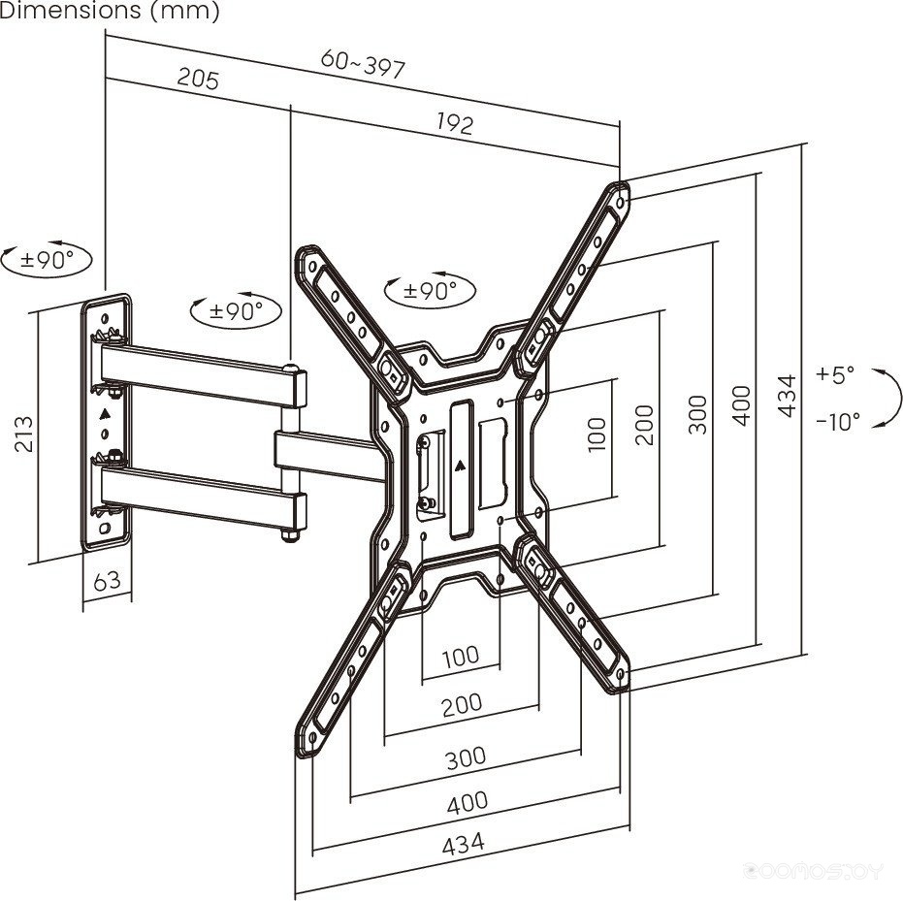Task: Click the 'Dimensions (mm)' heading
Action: (110, 12)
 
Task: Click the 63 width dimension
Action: (107, 581)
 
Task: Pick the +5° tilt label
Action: (835, 373)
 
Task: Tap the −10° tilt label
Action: (837, 421)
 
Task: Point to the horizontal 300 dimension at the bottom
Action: (466, 757)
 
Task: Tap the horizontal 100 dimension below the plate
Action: (460, 657)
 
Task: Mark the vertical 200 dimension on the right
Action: (644, 423)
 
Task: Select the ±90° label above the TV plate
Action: (430, 290)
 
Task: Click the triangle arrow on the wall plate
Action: (106, 413)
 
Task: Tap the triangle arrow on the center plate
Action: (460, 464)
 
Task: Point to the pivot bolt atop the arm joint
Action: (290, 369)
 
